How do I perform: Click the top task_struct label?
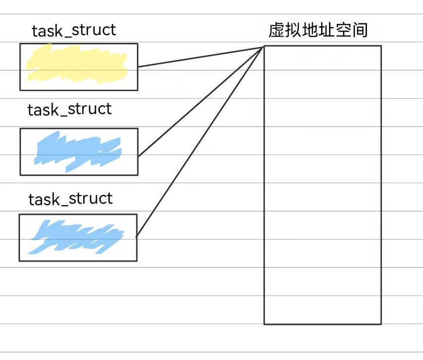tap(74, 31)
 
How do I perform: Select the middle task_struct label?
tap(70, 109)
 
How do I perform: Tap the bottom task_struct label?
tap(71, 199)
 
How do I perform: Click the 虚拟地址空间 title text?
tap(318, 31)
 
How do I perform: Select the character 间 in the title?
tap(360, 31)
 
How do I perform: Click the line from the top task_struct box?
tap(200, 57)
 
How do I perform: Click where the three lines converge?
tap(264, 47)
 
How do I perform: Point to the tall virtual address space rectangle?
tap(322, 185)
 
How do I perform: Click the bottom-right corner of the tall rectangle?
tap(381, 324)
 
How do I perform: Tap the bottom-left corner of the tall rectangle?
tap(265, 324)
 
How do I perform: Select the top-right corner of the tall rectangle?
tap(381, 46)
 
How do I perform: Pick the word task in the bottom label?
tap(43, 199)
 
